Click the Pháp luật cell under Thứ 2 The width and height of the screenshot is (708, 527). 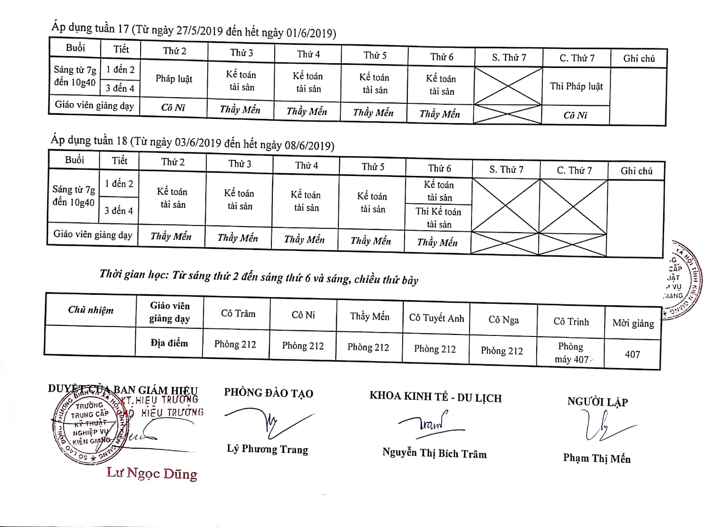click(174, 79)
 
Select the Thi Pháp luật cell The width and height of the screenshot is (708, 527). click(576, 86)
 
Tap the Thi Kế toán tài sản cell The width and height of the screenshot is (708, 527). click(438, 217)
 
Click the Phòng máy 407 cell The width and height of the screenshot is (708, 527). click(571, 352)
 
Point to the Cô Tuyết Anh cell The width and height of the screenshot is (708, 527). click(436, 318)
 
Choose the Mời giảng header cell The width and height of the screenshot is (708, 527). click(633, 323)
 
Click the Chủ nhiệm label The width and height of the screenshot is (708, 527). click(91, 310)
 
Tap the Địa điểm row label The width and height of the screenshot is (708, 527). click(169, 343)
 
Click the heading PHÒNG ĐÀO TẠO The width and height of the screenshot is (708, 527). click(269, 393)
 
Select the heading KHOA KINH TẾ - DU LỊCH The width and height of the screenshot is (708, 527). click(435, 397)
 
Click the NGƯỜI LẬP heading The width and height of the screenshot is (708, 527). click(598, 402)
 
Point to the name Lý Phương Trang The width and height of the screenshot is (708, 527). click(267, 449)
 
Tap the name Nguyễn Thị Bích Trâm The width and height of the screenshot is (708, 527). click(434, 453)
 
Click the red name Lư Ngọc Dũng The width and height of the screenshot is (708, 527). click(152, 473)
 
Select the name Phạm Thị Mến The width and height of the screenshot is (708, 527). click(597, 458)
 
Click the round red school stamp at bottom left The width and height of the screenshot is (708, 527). click(88, 427)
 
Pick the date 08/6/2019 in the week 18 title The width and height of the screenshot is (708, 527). click(309, 145)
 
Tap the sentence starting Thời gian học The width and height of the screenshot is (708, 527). click(259, 277)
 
